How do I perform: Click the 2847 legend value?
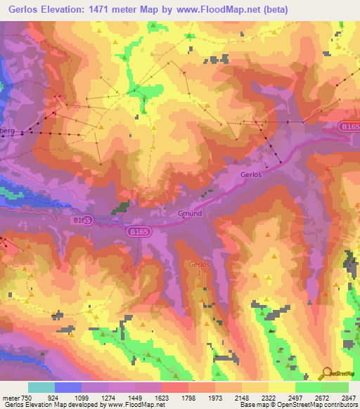pyautogui.click(x=348, y=397)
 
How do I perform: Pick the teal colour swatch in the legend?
pyautogui.click(x=41, y=387)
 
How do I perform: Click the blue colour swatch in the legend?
pyautogui.click(x=68, y=387)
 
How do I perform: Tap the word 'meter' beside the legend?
pyautogui.click(x=8, y=397)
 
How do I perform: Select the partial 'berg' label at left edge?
pyautogui.click(x=7, y=131)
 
